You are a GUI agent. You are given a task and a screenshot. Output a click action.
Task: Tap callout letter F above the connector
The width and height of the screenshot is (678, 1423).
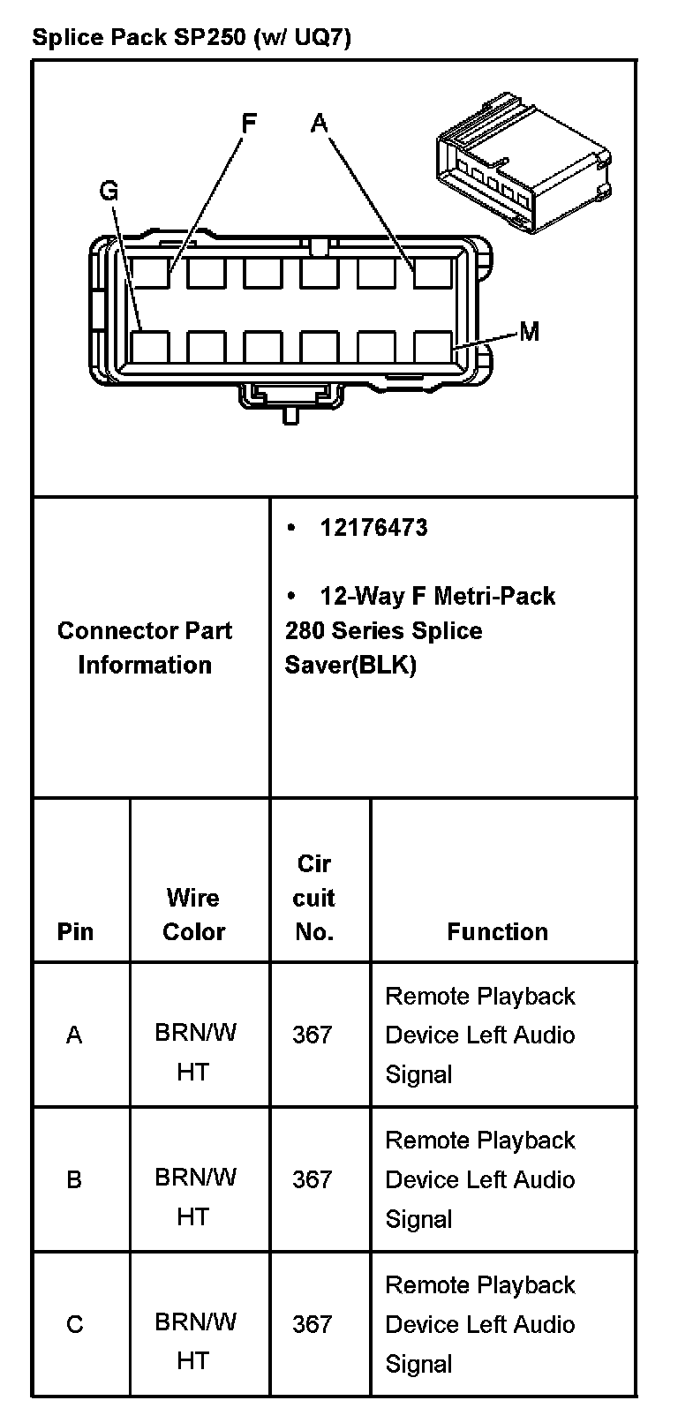pos(249,123)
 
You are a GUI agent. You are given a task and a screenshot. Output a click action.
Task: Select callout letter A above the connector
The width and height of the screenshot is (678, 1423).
pos(319,123)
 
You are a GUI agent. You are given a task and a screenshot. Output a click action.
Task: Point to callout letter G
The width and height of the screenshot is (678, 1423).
pos(109,191)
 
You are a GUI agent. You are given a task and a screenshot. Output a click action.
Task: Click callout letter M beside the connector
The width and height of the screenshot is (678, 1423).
pos(529,331)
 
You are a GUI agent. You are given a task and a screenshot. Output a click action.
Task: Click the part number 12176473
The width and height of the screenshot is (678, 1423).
pos(373,528)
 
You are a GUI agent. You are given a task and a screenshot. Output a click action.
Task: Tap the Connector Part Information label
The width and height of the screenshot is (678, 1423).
pos(145,647)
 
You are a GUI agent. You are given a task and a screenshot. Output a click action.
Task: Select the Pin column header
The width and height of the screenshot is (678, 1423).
pos(75,931)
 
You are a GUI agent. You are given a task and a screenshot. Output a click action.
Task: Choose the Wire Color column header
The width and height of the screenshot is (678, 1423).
pos(193,915)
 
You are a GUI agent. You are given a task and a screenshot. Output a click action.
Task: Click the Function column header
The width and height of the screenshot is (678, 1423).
pos(497,931)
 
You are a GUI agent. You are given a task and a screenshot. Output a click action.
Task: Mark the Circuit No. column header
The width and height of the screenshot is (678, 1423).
pos(313,898)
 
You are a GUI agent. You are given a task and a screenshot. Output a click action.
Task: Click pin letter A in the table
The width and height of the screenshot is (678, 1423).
pos(74,1035)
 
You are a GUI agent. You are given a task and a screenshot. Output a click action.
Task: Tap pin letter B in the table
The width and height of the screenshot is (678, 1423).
pos(74,1179)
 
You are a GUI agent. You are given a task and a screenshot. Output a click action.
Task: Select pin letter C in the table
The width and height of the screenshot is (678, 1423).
pos(74,1324)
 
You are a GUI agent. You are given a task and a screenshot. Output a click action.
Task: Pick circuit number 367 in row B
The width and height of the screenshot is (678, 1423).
pos(313,1179)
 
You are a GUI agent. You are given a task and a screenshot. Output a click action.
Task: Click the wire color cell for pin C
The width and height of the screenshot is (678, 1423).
pos(194,1341)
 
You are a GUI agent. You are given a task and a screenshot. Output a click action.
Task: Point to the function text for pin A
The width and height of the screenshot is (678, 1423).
pos(480,1035)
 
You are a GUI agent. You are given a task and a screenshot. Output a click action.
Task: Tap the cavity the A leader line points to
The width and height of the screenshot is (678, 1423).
pos(433,273)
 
